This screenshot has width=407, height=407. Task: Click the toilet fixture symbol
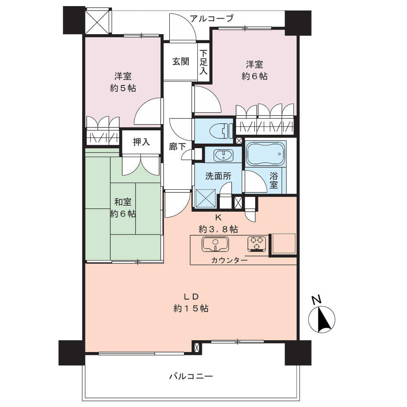[x=221, y=131]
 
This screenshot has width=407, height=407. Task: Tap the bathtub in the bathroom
[x=265, y=154]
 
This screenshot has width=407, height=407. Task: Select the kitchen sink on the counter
[x=215, y=244]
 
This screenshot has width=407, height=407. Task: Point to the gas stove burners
[x=257, y=244]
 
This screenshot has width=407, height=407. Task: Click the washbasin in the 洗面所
[x=223, y=155]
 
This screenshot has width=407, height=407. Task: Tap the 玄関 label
[x=181, y=61]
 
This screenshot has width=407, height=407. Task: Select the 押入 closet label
[x=141, y=142]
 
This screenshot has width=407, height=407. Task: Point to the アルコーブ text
[x=212, y=18]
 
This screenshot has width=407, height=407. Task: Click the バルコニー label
[x=191, y=376]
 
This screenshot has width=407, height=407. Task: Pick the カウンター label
[x=229, y=260]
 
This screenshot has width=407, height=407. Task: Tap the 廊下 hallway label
[x=177, y=147]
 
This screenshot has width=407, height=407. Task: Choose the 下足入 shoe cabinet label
[x=203, y=62]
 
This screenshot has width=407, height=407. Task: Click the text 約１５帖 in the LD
[x=191, y=308]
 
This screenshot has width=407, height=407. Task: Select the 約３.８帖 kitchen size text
[x=218, y=229]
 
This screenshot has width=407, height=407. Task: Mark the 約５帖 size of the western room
[x=123, y=88]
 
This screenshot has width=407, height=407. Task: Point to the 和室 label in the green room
[x=123, y=202]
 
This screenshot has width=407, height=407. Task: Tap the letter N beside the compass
[x=317, y=300]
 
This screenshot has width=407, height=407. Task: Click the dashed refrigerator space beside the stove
[x=284, y=243]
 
